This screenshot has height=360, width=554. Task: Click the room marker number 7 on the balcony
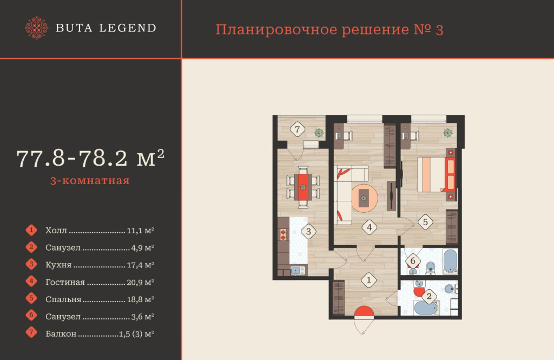click(x=296, y=129)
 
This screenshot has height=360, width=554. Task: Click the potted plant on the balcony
click(x=320, y=132)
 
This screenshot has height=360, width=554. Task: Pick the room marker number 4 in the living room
click(x=370, y=227)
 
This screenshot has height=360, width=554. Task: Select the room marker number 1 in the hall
click(x=368, y=280)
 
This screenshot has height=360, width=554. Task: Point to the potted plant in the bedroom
click(x=448, y=132)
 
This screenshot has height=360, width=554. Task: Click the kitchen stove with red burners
click(x=282, y=235)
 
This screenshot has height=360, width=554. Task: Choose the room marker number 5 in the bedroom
click(x=425, y=221)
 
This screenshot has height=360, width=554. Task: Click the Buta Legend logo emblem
click(x=37, y=28)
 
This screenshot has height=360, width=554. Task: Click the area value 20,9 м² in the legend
click(x=141, y=282)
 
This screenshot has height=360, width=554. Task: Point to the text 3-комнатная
click(x=89, y=181)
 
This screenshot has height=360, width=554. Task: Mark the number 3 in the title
click(x=439, y=30)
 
